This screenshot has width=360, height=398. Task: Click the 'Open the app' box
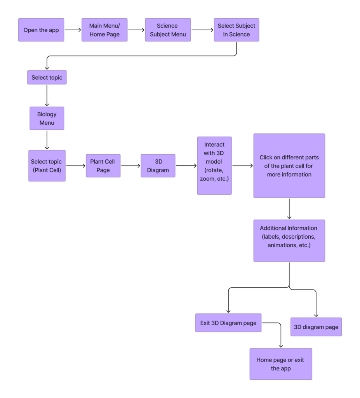click(x=41, y=30)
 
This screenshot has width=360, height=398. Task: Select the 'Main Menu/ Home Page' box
click(x=104, y=30)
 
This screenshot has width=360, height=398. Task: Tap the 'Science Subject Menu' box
click(x=168, y=30)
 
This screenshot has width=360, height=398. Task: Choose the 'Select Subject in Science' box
click(x=236, y=30)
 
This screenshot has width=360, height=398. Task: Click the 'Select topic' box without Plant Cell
click(x=47, y=77)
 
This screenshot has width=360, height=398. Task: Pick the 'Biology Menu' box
click(x=47, y=118)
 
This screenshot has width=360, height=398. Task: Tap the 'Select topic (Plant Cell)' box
click(x=47, y=166)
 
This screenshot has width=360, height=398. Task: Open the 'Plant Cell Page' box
click(x=103, y=166)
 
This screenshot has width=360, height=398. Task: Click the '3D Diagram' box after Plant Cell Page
click(x=158, y=166)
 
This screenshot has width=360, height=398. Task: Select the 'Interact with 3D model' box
click(x=214, y=166)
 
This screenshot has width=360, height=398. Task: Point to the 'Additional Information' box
click(x=289, y=240)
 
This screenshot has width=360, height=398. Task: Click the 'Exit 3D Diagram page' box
click(x=228, y=323)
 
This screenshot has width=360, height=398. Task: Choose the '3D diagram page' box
click(x=316, y=327)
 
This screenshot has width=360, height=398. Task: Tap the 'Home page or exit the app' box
click(x=280, y=364)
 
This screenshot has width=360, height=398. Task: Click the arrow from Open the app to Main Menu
click(x=73, y=30)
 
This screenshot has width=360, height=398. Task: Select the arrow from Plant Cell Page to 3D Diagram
click(x=130, y=166)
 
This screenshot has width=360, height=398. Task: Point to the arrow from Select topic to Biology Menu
click(x=47, y=95)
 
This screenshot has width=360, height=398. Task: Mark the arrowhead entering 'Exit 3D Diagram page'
click(x=228, y=311)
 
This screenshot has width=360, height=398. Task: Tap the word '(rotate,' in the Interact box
click(x=214, y=170)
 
